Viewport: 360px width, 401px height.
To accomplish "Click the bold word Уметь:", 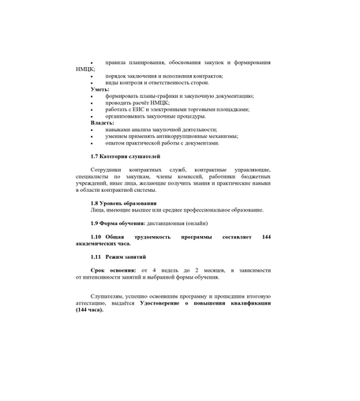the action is click(x=99, y=89).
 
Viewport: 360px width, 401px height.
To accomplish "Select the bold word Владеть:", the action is click(x=103, y=122).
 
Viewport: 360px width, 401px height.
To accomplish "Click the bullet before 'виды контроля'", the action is click(x=92, y=82).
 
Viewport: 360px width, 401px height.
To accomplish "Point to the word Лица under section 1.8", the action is click(x=97, y=210).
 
